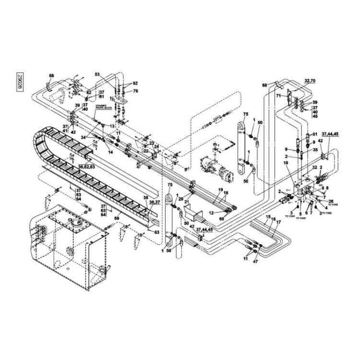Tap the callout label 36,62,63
[x=86, y=167]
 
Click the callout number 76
[x=135, y=91]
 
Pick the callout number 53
[x=97, y=75]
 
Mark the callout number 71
[x=278, y=96]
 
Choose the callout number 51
[x=315, y=134]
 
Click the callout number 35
[x=315, y=150]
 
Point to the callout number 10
[x=286, y=164]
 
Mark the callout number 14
[x=110, y=152]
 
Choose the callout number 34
[x=83, y=137]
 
